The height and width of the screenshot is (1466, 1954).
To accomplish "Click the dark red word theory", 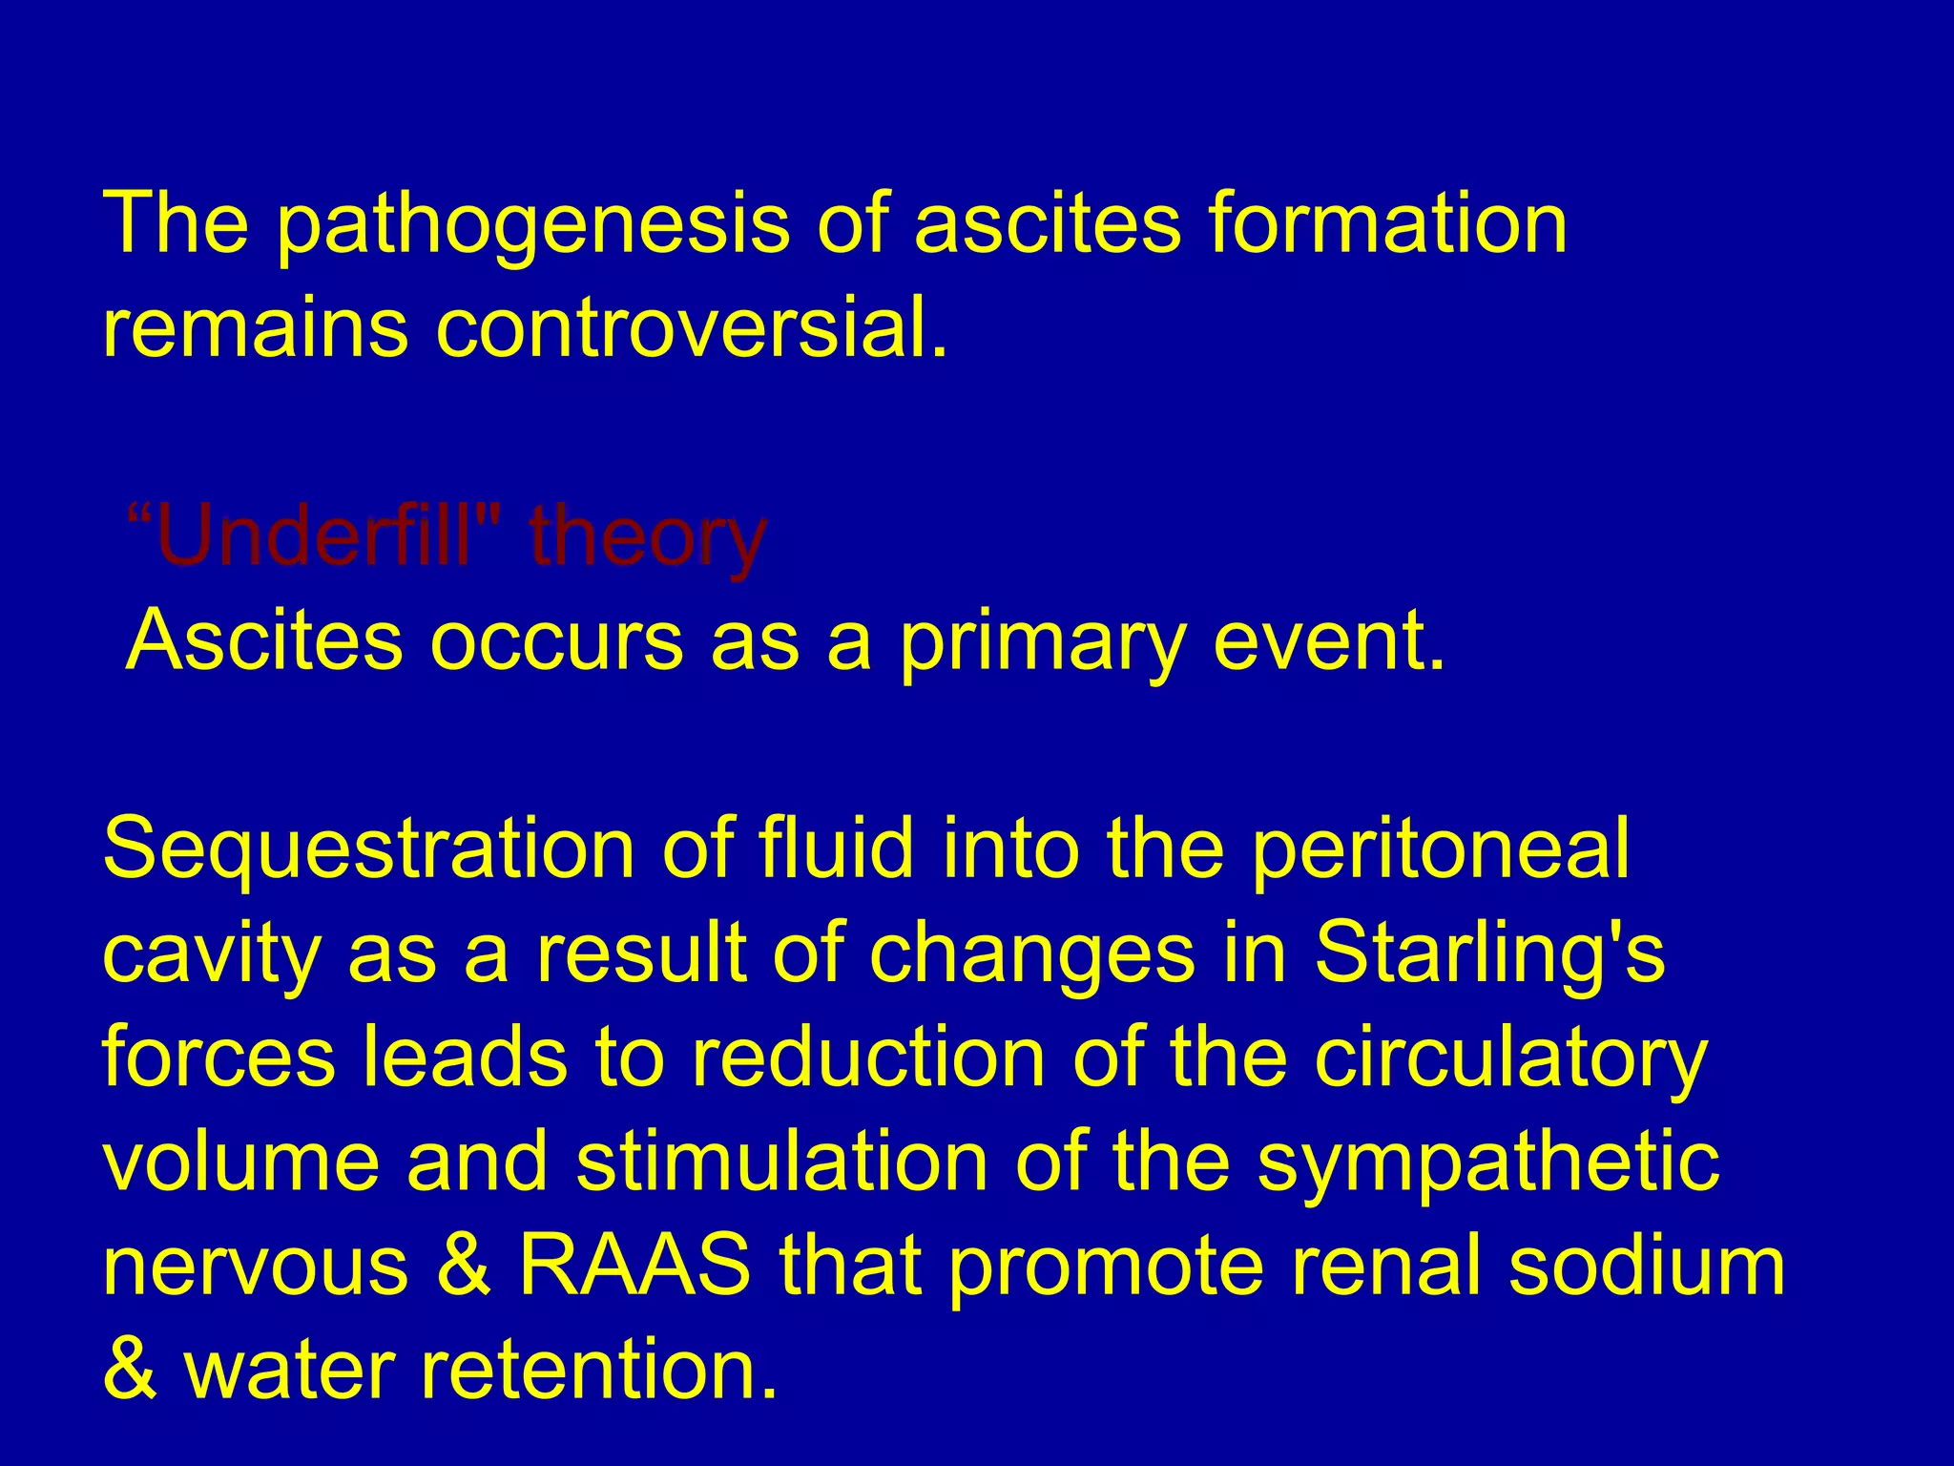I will (647, 536).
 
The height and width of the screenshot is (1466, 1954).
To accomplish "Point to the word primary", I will (1041, 641).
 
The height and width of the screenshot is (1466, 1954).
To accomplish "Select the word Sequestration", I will (368, 848).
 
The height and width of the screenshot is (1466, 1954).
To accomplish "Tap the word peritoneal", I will (1439, 848).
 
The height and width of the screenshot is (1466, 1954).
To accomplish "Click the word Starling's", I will (1488, 953).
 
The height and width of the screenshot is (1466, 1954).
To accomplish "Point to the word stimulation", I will (781, 1162).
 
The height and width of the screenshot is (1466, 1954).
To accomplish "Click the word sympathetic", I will (1487, 1162).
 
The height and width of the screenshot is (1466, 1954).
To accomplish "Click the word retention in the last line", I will (598, 1371).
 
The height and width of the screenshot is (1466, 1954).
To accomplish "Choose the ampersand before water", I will (130, 1371).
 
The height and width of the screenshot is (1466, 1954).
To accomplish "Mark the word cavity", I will (211, 953).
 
